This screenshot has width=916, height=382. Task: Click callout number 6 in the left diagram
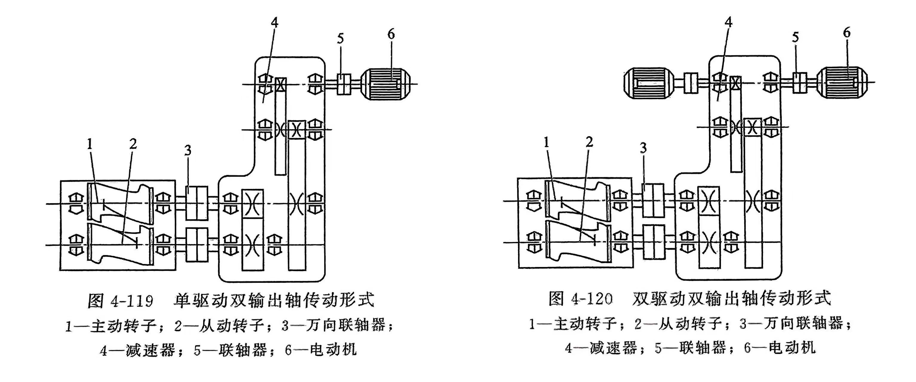tap(391, 34)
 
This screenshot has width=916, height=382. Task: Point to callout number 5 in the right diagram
tap(796, 37)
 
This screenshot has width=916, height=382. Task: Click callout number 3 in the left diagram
tap(188, 150)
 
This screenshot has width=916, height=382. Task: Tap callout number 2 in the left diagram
tap(133, 144)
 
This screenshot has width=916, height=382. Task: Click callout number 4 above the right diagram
tap(728, 22)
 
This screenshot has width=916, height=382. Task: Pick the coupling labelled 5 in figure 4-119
tap(344, 84)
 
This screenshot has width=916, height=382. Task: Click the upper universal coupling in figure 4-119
tap(197, 203)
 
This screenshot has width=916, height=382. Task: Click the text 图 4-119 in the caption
tap(120, 301)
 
